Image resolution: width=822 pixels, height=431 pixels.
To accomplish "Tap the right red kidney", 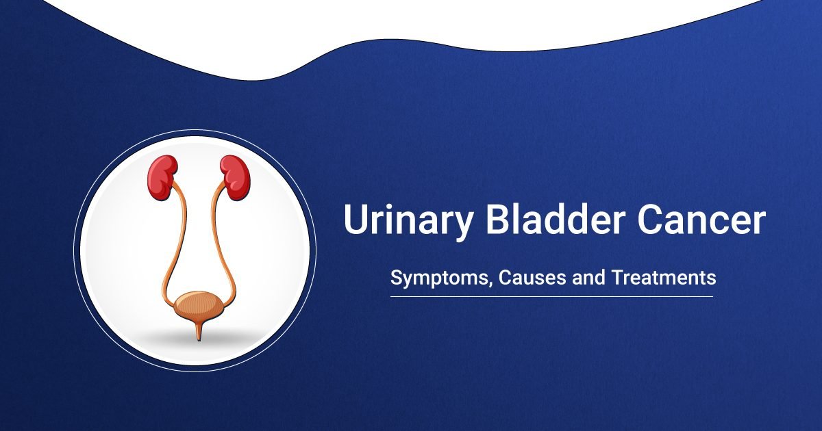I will point(232,177).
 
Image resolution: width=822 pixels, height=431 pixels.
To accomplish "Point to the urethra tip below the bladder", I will point(198,334).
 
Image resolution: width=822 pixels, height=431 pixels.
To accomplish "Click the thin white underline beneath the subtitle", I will point(551,296).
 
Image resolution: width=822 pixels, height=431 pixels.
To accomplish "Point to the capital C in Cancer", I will point(644,220).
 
